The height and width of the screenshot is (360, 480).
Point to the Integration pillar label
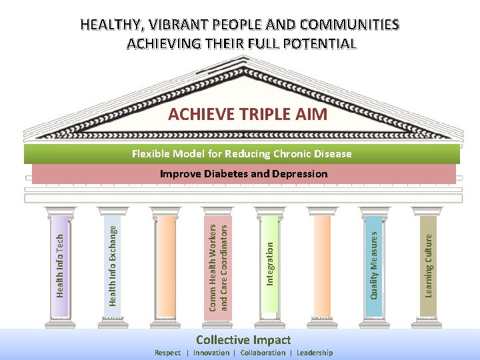[x=269, y=263]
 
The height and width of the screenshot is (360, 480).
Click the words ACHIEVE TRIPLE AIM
[x=247, y=114]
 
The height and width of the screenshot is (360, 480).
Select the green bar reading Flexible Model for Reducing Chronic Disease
[x=241, y=154]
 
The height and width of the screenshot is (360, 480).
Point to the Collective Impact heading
[x=243, y=340]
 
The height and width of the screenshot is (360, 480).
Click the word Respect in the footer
[x=167, y=353]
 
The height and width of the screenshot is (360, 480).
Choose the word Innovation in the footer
[x=211, y=353]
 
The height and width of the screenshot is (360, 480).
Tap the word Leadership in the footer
[x=315, y=353]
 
